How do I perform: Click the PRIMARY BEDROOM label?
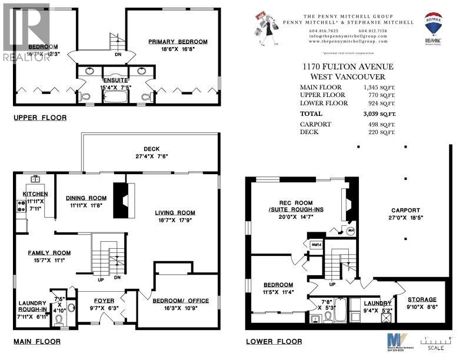(178, 42)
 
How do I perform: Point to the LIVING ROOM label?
(175, 212)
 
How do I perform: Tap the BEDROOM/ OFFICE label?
(177, 301)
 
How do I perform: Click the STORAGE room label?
(422, 299)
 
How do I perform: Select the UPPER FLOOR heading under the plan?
(40, 118)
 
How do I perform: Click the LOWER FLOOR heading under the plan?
(275, 342)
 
